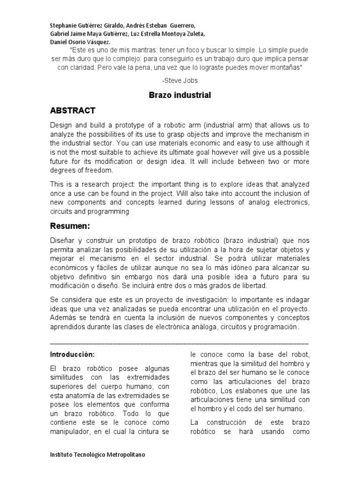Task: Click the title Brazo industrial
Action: [x=180, y=95]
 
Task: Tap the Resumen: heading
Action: [x=70, y=226]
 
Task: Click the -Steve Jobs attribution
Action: [x=180, y=81]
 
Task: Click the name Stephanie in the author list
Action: [x=64, y=25]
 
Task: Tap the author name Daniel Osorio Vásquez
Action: [x=80, y=42]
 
